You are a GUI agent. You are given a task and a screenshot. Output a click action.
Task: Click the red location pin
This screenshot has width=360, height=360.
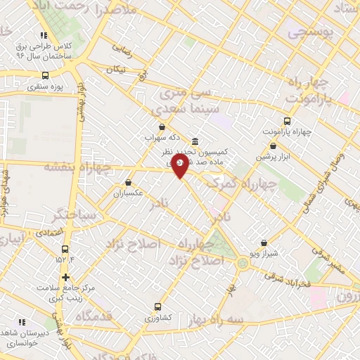[180, 166]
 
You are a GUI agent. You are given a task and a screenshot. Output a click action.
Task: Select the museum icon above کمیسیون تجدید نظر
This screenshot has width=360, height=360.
[194, 140]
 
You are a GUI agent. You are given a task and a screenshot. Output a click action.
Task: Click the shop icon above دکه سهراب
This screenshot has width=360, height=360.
[162, 127]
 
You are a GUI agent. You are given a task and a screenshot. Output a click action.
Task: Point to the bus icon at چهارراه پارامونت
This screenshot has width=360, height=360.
[286, 120]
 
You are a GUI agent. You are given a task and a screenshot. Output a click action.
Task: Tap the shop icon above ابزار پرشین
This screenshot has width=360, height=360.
[273, 146]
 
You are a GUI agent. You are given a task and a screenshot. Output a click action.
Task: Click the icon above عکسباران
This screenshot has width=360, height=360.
[127, 182]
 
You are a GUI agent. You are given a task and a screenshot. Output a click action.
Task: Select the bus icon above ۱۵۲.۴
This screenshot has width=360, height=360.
[65, 249]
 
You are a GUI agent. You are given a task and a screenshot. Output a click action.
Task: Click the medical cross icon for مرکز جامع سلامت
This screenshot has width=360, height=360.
[65, 277]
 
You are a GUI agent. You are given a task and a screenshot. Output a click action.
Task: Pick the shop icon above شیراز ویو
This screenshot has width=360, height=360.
[264, 243]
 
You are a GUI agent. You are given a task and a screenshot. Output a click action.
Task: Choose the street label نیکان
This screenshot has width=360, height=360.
[116, 70]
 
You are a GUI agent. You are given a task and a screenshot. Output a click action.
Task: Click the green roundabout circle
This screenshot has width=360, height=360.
[243, 264]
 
